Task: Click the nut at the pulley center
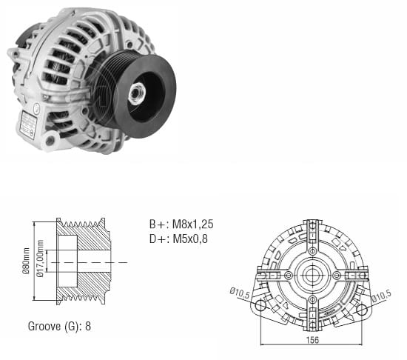click(138, 93)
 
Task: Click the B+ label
click(157, 224)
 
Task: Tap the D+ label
click(157, 238)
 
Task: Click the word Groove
click(44, 325)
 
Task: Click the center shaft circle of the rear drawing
click(312, 275)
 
